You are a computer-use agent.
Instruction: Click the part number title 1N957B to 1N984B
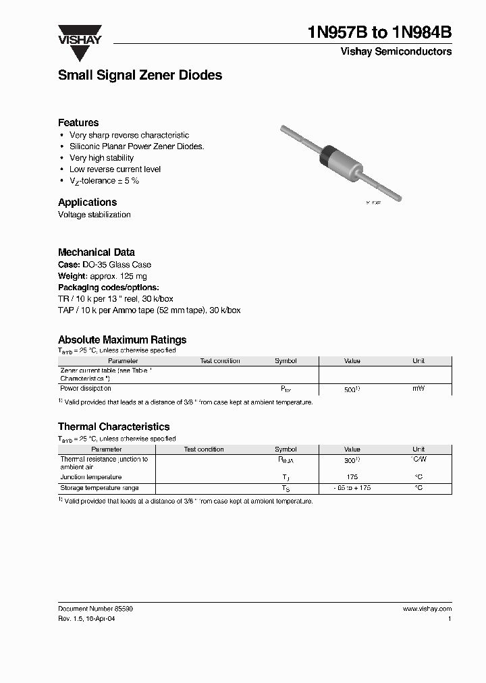coord(379,32)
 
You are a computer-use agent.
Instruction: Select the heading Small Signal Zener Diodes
coord(140,76)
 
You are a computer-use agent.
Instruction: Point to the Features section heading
coord(78,123)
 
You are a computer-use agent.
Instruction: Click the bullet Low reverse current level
coord(115,169)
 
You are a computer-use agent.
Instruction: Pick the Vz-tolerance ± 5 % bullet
coord(104,181)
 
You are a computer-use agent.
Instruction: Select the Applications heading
coord(87,202)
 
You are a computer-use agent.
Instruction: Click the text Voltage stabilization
coord(94,215)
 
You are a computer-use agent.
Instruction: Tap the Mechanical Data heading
coord(96,252)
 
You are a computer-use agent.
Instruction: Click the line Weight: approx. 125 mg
coord(102,276)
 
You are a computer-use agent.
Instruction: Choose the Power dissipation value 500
coord(350,390)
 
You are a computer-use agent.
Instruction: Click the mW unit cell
coord(418,389)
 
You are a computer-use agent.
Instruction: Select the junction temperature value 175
coord(352,476)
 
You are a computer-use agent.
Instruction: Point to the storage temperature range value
coord(352,488)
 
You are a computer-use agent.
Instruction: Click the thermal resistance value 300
coord(350,460)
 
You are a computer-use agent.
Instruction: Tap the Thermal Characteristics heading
coord(113,427)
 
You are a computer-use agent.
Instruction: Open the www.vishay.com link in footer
coord(427,609)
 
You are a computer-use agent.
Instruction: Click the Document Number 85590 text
coord(95,609)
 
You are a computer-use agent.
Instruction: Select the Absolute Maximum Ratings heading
coord(122,339)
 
